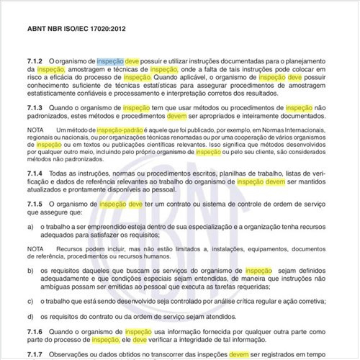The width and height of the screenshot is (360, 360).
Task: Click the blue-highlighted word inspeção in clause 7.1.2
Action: pyautogui.click(x=110, y=62)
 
